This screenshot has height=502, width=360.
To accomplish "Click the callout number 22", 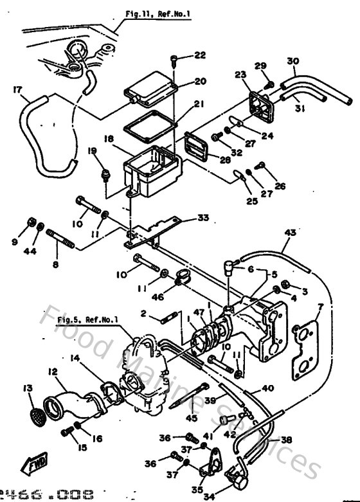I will tap(201, 56).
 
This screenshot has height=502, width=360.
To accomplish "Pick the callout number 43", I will tap(289, 232).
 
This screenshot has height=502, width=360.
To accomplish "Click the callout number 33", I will tap(203, 218).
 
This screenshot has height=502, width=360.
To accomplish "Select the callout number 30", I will tap(292, 62).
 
